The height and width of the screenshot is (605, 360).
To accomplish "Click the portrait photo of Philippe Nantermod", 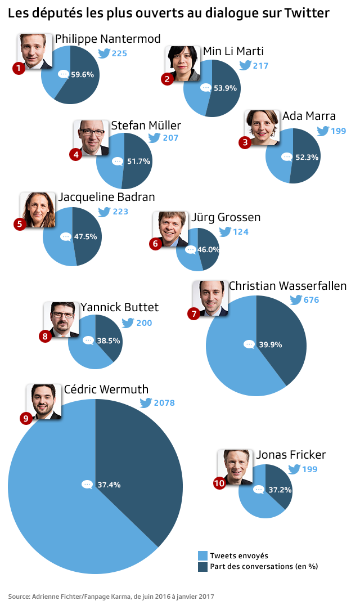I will [35, 51].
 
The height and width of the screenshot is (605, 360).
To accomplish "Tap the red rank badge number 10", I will [219, 483].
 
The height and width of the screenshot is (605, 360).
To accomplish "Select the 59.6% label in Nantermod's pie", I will [82, 74].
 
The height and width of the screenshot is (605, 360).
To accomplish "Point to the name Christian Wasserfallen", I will [287, 286].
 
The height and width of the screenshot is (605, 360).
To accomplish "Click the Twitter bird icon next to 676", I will [295, 300].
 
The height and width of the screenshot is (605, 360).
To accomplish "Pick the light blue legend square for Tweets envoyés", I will [203, 555].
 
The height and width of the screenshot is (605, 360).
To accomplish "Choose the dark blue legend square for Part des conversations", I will [203, 566].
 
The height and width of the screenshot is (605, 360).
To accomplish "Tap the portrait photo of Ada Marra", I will [262, 127].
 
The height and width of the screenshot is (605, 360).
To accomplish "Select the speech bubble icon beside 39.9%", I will [249, 344].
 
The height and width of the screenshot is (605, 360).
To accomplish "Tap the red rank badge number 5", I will [20, 224].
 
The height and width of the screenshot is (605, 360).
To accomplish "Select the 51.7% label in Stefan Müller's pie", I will [139, 161].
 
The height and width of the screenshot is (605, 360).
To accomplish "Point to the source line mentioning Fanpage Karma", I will [111, 596].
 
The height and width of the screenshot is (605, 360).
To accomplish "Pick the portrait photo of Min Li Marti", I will [183, 63].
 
